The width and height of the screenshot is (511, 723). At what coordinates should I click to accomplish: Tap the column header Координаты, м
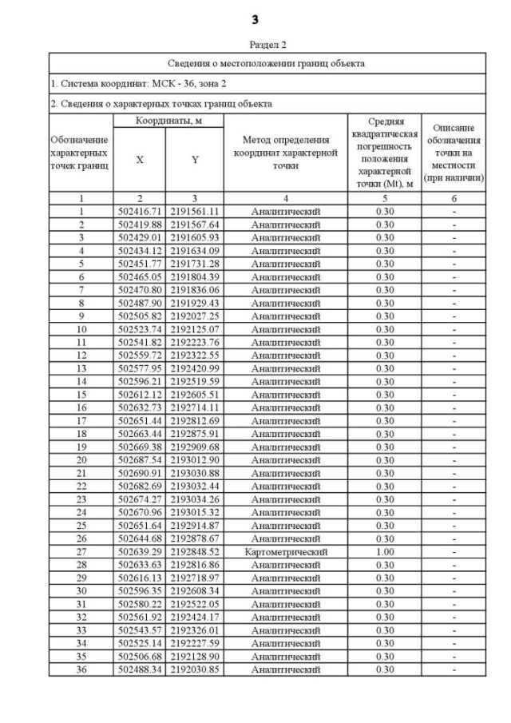(168, 120)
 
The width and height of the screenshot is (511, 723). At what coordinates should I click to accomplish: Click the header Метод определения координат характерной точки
(285, 153)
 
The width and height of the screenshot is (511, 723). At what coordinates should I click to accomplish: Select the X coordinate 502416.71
(140, 212)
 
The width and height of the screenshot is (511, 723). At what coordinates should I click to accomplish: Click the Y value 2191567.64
(195, 224)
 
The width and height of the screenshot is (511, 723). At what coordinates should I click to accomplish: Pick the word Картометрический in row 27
(285, 551)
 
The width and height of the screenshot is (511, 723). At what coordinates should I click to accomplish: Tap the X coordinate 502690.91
(140, 473)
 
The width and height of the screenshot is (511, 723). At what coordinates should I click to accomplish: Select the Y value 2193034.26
(195, 499)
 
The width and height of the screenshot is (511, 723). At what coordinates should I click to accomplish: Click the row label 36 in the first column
(81, 669)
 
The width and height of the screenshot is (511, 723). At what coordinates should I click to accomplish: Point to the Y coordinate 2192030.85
(195, 669)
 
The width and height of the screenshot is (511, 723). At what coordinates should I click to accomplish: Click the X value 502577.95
(140, 368)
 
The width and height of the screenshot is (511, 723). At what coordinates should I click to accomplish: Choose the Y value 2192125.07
(195, 329)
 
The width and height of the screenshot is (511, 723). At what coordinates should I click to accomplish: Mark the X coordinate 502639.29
(140, 551)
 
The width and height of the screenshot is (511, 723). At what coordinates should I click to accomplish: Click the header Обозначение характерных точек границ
(81, 153)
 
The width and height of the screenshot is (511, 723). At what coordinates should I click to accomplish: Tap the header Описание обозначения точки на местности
(454, 153)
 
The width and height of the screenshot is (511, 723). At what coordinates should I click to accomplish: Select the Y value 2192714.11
(195, 407)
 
